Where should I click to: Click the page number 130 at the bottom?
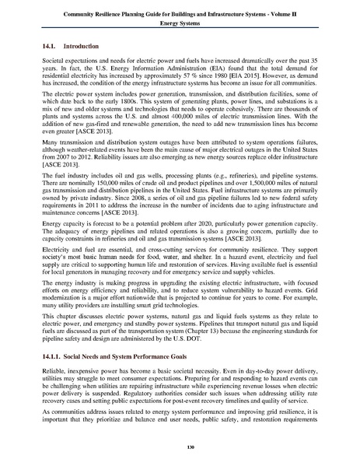point(180,449)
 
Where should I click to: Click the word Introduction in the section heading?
point(84,47)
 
